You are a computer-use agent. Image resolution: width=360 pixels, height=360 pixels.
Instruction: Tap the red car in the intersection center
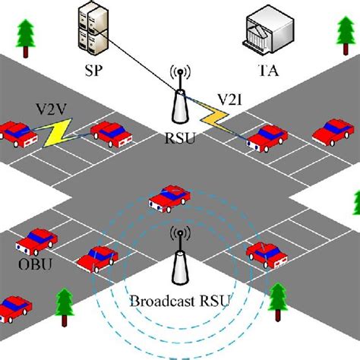click(169, 198)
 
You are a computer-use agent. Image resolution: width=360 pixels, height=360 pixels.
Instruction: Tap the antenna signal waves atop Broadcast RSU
click(181, 235)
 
